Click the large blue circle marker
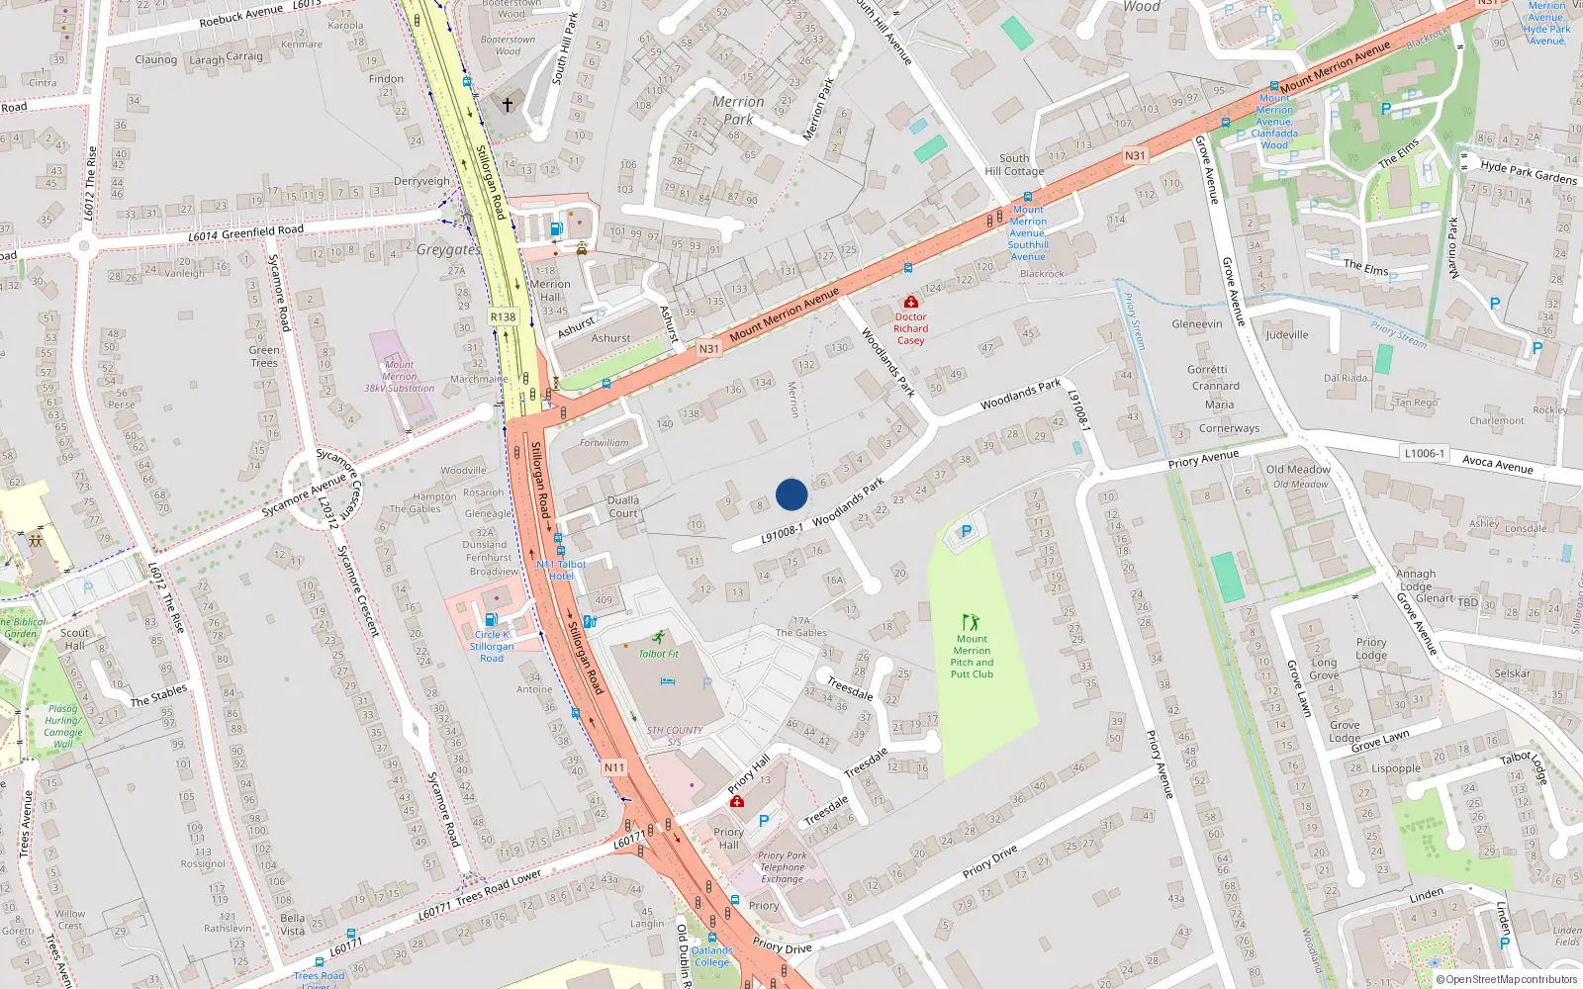tap(791, 494)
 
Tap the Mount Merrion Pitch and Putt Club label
tap(972, 657)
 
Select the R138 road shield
tap(503, 317)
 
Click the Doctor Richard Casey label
tap(910, 328)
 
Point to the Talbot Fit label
tap(659, 654)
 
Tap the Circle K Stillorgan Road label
tap(492, 646)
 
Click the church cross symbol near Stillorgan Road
tap(508, 104)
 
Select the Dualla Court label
tap(623, 506)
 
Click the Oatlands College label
tap(711, 956)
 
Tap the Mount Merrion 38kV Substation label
tap(399, 377)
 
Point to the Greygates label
tap(448, 250)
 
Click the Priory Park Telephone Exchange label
tap(783, 867)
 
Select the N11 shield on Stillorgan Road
tap(613, 767)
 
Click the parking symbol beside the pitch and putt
tap(967, 532)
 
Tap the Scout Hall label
tap(74, 639)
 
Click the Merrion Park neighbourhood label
tap(738, 110)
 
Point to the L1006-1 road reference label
tap(1424, 453)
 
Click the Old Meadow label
tap(1298, 470)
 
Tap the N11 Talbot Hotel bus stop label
tap(561, 570)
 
